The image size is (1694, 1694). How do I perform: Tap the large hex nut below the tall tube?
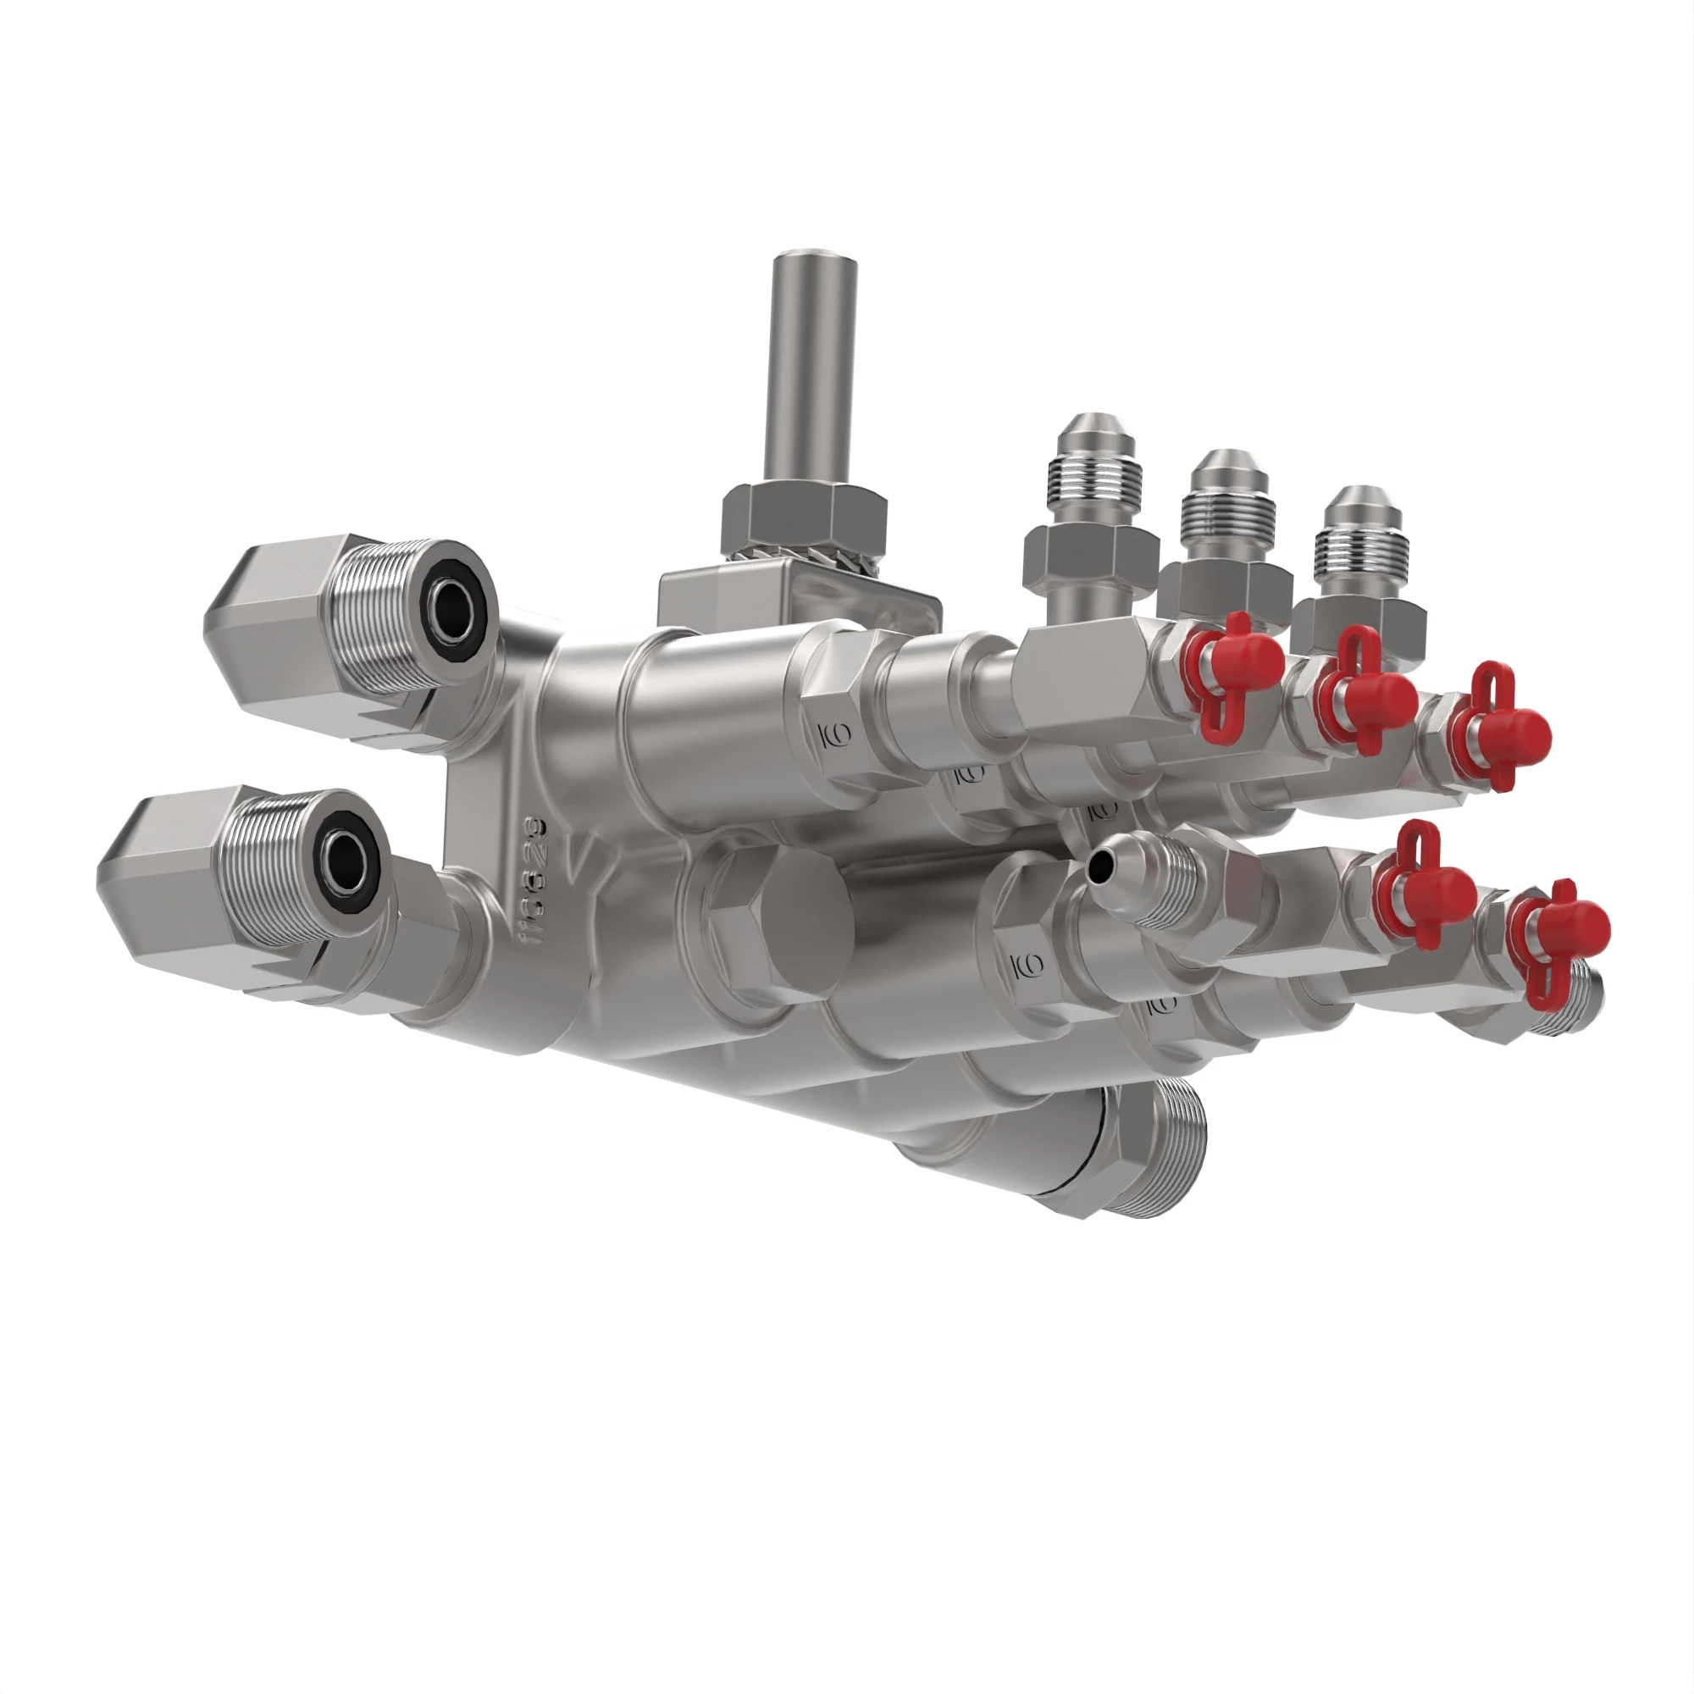802,523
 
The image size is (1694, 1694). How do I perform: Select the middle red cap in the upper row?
1372,697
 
